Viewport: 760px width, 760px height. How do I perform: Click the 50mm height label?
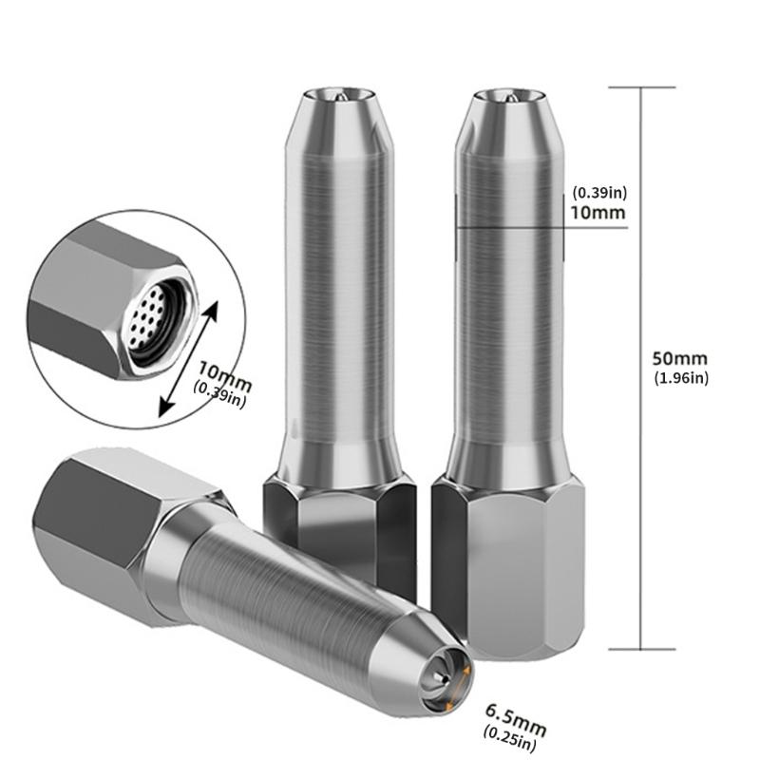coord(680,359)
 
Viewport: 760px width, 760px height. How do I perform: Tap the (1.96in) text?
coord(681,378)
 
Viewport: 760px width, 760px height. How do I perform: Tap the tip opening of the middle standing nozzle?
coord(339,94)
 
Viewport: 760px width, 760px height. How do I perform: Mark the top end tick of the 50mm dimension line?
coord(642,87)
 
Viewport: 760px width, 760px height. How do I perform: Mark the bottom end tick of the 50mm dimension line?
coord(642,650)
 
